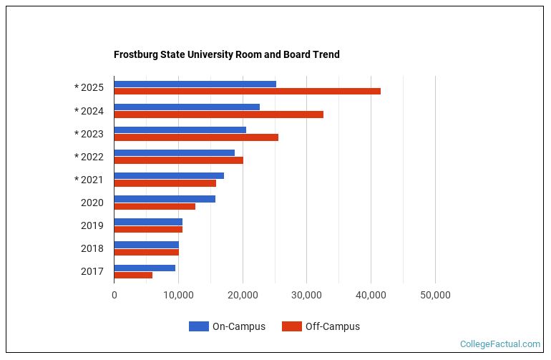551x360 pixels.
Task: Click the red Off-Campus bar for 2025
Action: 247,91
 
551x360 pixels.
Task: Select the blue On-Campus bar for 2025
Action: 195,84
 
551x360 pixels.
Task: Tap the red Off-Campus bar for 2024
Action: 218,114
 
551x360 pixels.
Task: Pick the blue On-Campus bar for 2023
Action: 180,130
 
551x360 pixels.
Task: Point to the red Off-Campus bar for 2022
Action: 178,160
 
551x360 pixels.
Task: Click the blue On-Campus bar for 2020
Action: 165,198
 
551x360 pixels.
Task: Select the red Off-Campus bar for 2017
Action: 133,275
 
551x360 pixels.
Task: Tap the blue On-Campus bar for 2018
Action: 146,244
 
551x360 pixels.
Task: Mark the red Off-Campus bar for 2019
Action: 148,229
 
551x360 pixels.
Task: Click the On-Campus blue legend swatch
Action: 198,326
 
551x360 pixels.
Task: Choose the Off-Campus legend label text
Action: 332,326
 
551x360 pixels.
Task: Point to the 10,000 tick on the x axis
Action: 178,295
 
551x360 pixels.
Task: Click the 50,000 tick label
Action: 435,295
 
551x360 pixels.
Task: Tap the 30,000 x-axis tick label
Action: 306,295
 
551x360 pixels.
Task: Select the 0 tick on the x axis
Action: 114,295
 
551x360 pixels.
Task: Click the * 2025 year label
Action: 89,88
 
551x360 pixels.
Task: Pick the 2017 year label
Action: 92,271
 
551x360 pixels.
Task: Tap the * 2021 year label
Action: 89,180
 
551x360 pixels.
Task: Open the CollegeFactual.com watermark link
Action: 499,344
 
